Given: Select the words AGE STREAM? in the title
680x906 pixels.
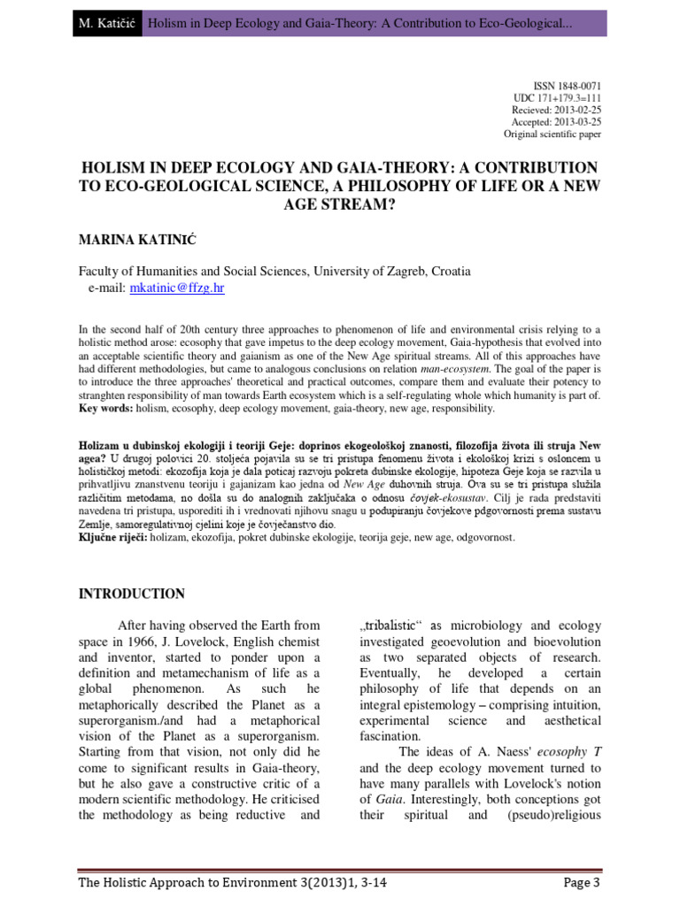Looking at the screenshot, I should [340, 203].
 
